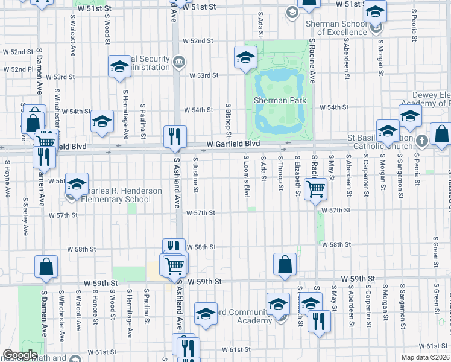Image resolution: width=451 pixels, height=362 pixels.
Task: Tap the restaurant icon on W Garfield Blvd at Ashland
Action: coord(175,138)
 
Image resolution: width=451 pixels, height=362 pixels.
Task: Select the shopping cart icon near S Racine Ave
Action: coord(315,189)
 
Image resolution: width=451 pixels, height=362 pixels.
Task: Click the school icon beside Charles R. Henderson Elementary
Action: coord(77,184)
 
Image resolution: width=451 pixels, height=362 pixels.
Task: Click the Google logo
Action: coord(20,355)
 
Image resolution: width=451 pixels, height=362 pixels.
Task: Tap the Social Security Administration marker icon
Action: coord(178,62)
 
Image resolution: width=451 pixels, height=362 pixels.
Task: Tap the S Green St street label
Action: coord(435,254)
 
